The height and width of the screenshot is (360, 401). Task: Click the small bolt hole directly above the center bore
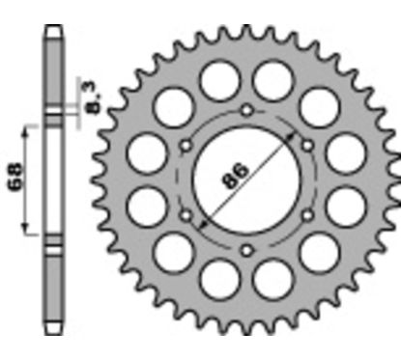(x=245, y=109)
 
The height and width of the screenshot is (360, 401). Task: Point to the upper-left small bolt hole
(x=185, y=145)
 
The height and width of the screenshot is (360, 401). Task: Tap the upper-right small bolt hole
(x=307, y=145)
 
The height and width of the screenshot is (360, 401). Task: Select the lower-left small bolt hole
(x=185, y=216)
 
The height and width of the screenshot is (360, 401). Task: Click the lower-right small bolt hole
(x=307, y=216)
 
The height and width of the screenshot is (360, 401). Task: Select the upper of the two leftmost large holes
(x=146, y=152)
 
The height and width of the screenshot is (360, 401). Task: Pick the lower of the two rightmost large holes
(x=345, y=208)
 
